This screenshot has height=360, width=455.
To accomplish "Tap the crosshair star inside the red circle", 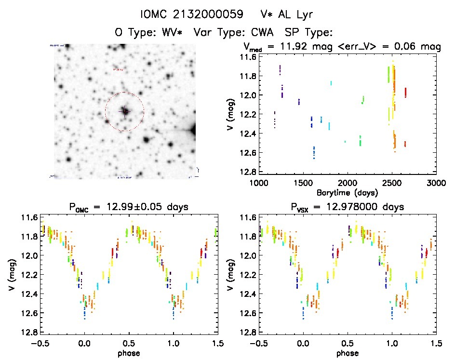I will click(125, 111).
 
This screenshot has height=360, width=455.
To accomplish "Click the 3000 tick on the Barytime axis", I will click(436, 183).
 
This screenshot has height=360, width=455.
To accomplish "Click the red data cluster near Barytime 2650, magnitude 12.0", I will click(406, 92).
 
